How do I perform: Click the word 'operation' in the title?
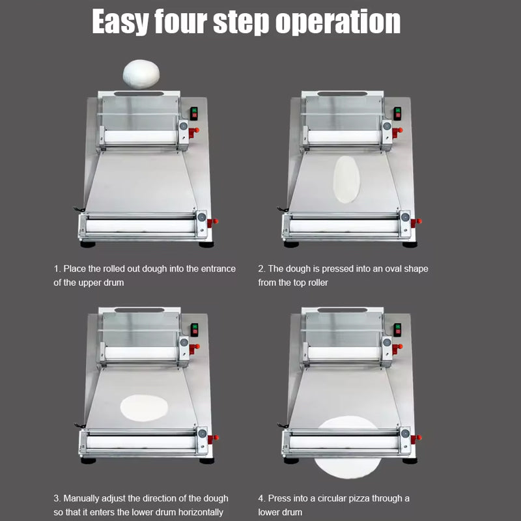coord(338,21)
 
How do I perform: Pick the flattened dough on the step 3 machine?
coord(144,407)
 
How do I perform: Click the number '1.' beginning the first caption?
coord(57,268)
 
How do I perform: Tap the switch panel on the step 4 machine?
coord(397,329)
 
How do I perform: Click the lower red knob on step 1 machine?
coord(214,221)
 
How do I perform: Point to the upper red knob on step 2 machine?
coord(399,130)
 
